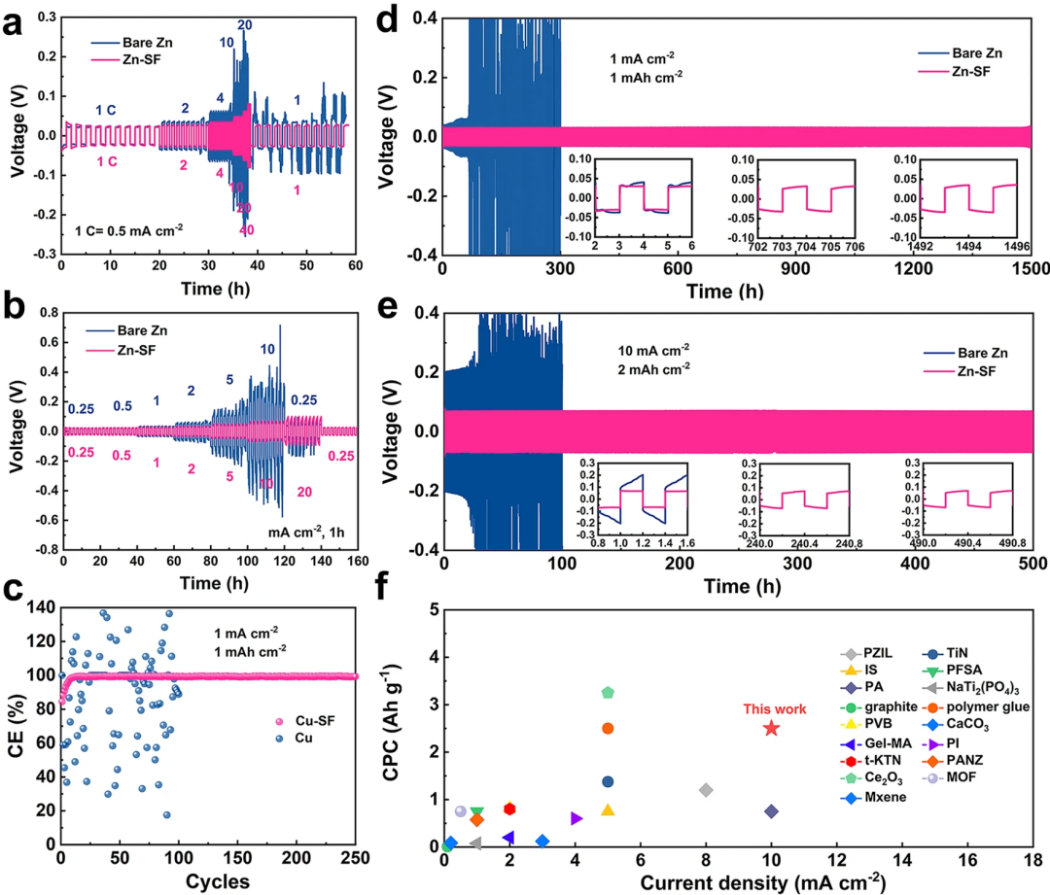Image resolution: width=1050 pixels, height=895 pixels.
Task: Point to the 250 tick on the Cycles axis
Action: pyautogui.click(x=355, y=859)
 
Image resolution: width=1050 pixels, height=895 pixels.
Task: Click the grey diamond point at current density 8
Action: pyautogui.click(x=706, y=790)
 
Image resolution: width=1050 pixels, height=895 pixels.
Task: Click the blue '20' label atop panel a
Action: pyautogui.click(x=245, y=24)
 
